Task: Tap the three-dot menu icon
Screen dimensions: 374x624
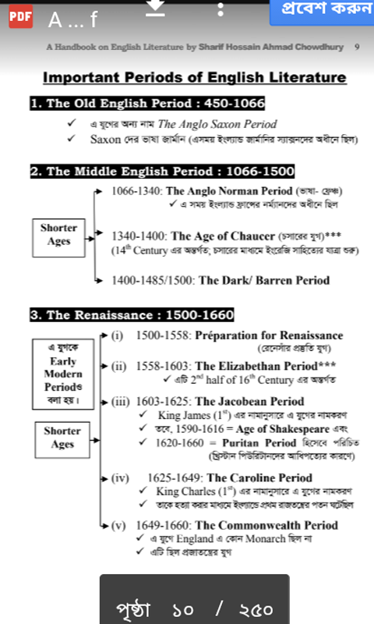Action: (221, 9)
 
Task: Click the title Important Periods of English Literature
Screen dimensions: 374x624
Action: (194, 77)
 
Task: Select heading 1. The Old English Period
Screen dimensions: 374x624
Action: (147, 104)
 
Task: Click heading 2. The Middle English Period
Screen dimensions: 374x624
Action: (161, 172)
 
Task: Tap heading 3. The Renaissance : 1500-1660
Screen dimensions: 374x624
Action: (132, 315)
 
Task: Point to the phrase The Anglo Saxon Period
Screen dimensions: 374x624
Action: (217, 124)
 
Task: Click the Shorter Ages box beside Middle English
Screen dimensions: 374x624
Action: (58, 235)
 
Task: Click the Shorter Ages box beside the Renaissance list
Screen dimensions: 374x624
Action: (62, 438)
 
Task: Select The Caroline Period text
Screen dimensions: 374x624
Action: (259, 477)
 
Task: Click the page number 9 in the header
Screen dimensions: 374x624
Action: (357, 47)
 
